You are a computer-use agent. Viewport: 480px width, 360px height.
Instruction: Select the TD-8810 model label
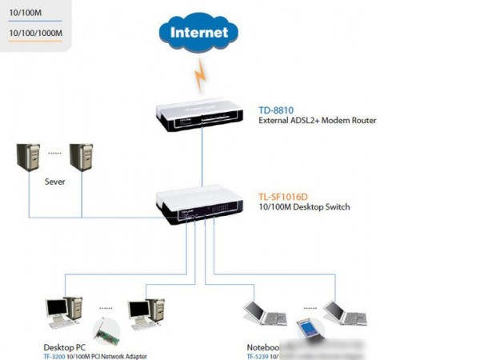pyautogui.click(x=275, y=110)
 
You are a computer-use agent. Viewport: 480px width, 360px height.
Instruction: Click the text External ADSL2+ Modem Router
pyautogui.click(x=317, y=121)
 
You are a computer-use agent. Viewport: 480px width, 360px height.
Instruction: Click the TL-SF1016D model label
pyautogui.click(x=284, y=195)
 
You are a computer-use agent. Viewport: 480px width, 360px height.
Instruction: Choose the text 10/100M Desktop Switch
pyautogui.click(x=303, y=207)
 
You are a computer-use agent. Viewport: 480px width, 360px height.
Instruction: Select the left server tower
pyautogui.click(x=30, y=158)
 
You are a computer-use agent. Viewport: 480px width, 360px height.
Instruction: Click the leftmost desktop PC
pyautogui.click(x=63, y=311)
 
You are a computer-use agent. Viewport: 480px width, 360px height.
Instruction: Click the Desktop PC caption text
pyautogui.click(x=65, y=348)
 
